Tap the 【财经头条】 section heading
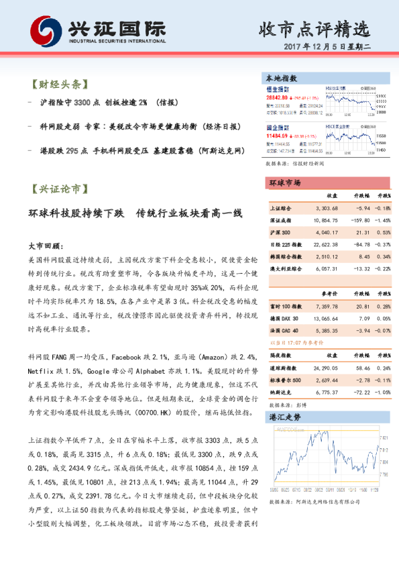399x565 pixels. pyautogui.click(x=59, y=85)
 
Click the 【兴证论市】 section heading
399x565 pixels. pyautogui.click(x=59, y=190)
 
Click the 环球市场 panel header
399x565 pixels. pyautogui.click(x=284, y=183)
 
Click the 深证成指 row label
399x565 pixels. pyautogui.click(x=280, y=219)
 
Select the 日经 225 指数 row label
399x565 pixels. pyautogui.click(x=286, y=244)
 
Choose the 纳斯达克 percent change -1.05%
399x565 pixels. pyautogui.click(x=382, y=392)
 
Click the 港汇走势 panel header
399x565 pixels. pyautogui.click(x=284, y=417)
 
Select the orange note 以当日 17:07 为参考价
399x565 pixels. pyautogui.click(x=295, y=342)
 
